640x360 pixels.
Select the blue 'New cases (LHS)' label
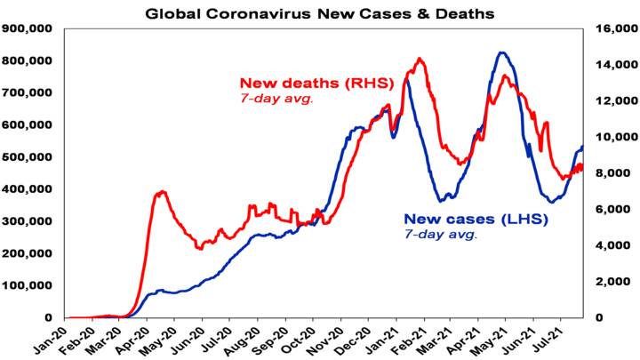pyautogui.click(x=465, y=219)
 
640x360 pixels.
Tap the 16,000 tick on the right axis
pyautogui.click(x=609, y=28)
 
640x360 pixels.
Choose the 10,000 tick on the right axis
pyautogui.click(x=609, y=137)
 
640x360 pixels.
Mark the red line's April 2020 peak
pyautogui.click(x=161, y=191)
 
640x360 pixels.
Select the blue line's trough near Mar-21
pyautogui.click(x=443, y=200)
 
